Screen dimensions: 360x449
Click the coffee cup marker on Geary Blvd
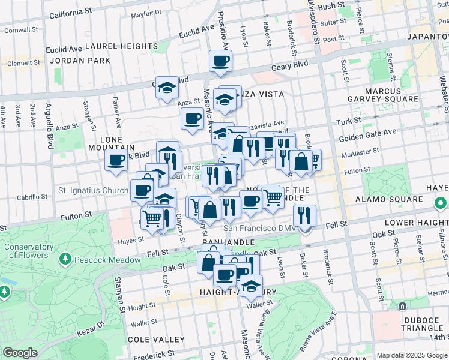tap(220, 61)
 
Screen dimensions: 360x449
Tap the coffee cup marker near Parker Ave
tap(116, 160)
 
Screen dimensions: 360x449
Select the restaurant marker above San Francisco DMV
tap(305, 215)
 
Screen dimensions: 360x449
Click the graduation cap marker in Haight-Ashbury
tap(250, 286)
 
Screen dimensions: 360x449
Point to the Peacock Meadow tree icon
tap(65, 259)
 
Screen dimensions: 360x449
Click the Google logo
tap(20, 353)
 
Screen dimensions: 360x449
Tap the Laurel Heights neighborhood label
tap(121, 46)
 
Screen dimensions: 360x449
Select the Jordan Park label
tap(80, 61)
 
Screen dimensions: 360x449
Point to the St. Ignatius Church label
tap(93, 191)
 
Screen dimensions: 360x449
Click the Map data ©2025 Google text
tap(412, 355)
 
